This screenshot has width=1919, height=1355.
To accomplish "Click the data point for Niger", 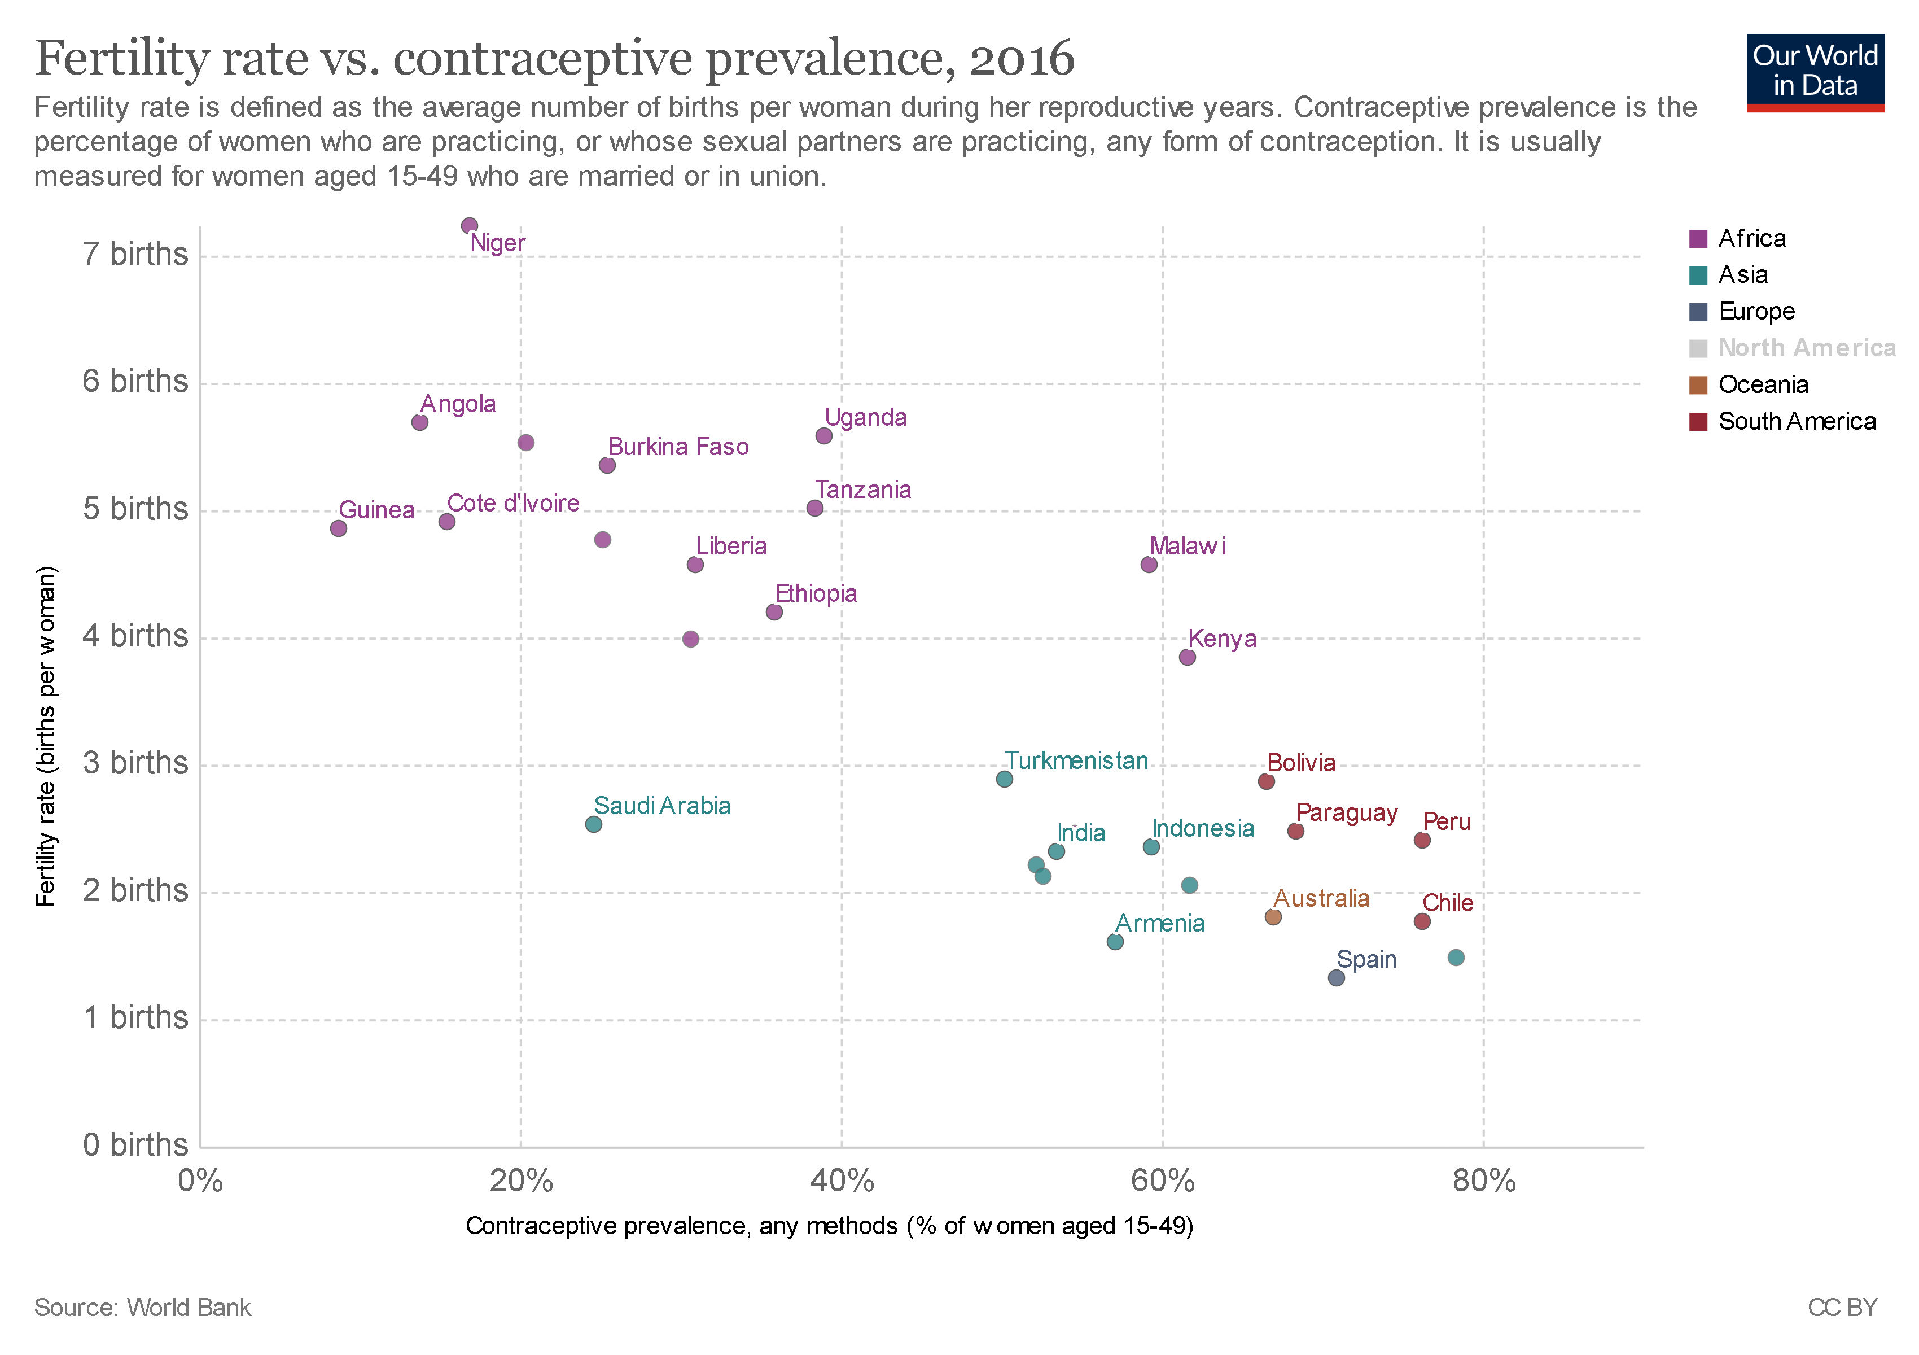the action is click(x=469, y=226).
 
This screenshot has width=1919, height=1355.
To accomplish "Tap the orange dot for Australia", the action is click(x=1273, y=916).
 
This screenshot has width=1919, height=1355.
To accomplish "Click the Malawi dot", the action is click(x=1149, y=564).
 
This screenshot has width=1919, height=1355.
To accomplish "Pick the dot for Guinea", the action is click(x=339, y=528).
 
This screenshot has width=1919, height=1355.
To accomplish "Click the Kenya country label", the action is click(x=1221, y=639).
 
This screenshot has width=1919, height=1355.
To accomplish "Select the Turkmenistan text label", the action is click(x=1076, y=760).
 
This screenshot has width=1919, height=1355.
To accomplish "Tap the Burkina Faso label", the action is click(x=678, y=447).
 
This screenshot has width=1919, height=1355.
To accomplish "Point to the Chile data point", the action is click(x=1422, y=921).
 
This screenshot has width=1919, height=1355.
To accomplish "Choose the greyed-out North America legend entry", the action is click(x=1793, y=348).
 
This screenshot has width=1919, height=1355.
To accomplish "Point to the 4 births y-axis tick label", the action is click(x=135, y=636).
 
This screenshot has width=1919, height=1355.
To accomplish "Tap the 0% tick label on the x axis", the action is click(x=200, y=1181).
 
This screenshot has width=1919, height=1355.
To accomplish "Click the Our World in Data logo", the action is click(x=1815, y=73).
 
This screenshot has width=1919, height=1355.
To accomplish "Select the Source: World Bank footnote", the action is click(x=142, y=1308).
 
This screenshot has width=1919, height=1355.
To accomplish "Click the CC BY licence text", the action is click(x=1842, y=1308).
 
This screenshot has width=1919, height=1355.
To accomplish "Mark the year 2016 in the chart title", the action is click(x=1022, y=59).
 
